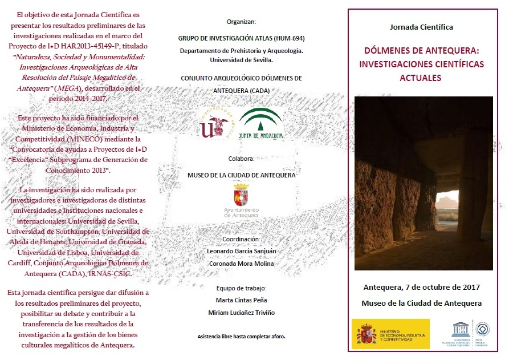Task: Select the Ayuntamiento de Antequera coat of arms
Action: click(x=241, y=195)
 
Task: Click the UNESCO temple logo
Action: click(x=460, y=330)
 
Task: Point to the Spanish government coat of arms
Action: click(x=366, y=334)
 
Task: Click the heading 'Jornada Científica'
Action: click(x=421, y=27)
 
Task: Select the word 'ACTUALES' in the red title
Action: click(x=421, y=78)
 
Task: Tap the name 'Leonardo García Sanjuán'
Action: click(x=241, y=252)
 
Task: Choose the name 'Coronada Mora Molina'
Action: click(x=241, y=264)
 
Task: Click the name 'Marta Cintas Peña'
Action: click(x=241, y=301)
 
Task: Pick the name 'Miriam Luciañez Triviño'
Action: click(x=241, y=313)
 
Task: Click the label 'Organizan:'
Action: click(x=241, y=22)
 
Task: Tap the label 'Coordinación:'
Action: click(x=241, y=240)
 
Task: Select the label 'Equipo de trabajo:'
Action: click(x=241, y=289)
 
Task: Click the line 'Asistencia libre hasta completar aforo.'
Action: click(x=241, y=337)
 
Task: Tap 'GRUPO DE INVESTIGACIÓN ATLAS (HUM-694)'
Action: click(x=241, y=39)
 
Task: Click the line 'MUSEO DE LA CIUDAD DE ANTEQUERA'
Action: click(x=241, y=176)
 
